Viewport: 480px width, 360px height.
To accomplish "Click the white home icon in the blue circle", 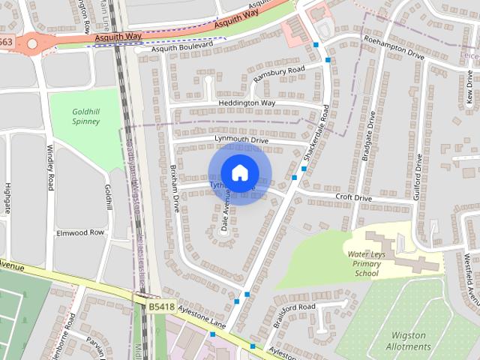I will [x=239, y=173].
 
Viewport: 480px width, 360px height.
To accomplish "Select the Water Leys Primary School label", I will [x=367, y=264].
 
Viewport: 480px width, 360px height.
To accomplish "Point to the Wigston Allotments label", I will [x=408, y=340].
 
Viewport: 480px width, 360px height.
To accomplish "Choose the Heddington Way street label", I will [x=247, y=103].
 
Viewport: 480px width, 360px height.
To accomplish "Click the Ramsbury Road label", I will [x=278, y=74].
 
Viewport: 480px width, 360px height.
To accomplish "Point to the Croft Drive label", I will [x=353, y=198].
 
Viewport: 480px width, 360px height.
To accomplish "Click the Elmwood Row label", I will [x=80, y=232].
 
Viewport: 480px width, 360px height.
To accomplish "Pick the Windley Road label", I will [x=50, y=166].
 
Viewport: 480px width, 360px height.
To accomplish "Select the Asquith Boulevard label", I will [x=181, y=46].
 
